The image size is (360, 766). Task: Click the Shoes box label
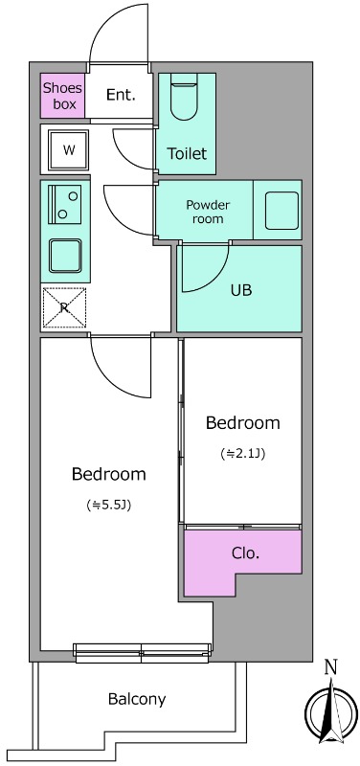pos(62,97)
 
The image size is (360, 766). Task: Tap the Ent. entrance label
pos(121,95)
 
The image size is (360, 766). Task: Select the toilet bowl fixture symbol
pos(183,98)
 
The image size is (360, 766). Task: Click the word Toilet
pos(187,154)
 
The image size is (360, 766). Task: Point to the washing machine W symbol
pos(69,150)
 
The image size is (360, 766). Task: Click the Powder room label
pos(208,212)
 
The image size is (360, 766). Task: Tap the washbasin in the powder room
pos(281,211)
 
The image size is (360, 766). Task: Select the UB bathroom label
pos(241,290)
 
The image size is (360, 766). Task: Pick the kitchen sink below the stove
pos(65,256)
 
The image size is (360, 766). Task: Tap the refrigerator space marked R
pos(64,307)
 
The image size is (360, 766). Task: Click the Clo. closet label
pos(245,553)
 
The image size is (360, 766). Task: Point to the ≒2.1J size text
pos(243,454)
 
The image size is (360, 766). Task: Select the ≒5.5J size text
pos(108,506)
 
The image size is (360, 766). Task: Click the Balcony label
pos(137,700)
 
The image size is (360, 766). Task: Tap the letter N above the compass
pos(331,666)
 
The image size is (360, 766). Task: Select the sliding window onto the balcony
pos(142,653)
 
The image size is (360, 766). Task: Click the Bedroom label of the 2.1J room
pos(243,422)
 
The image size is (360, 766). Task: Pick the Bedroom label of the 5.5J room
pos(108,474)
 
